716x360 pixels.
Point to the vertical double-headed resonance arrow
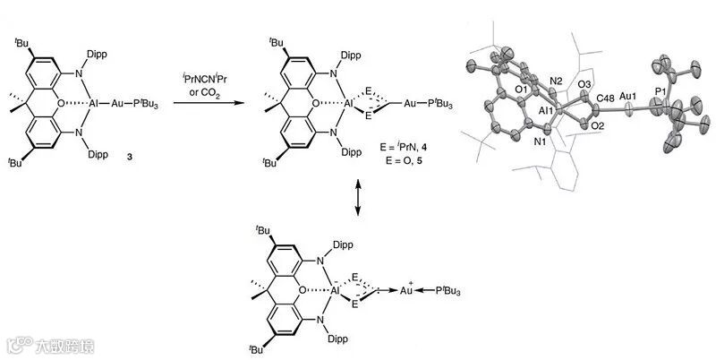(358, 197)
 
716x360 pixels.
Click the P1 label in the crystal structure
(660, 92)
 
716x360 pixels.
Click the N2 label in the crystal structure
(554, 82)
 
